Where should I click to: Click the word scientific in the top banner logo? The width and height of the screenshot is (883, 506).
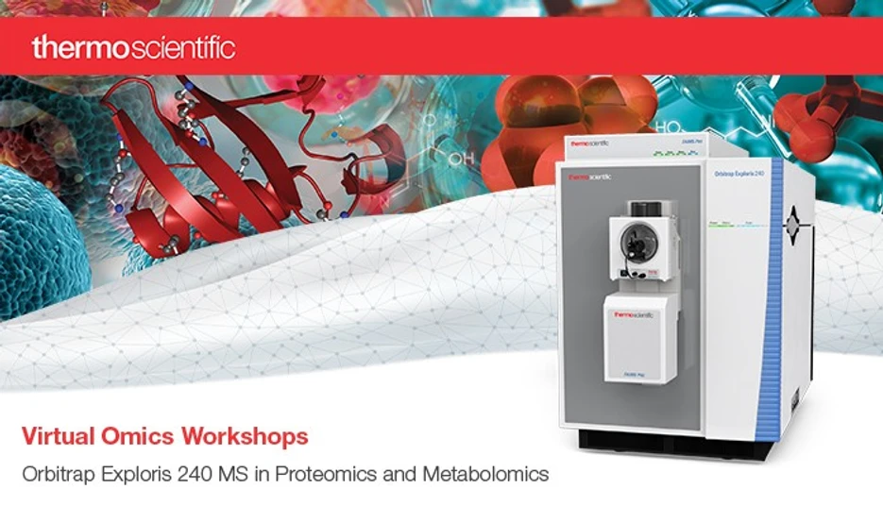[179, 47]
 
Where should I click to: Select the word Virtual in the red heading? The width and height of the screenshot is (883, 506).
[53, 436]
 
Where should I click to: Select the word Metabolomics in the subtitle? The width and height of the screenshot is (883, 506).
[491, 474]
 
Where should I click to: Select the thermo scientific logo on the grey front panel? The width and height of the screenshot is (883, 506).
[586, 176]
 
